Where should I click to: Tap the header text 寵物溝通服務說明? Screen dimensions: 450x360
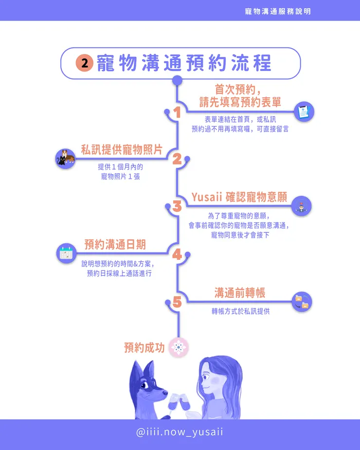(278, 11)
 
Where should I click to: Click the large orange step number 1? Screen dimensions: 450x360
(177, 112)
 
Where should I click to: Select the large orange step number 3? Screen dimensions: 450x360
(177, 206)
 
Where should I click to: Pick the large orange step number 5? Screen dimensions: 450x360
(177, 302)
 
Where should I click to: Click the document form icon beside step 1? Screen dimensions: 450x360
(304, 111)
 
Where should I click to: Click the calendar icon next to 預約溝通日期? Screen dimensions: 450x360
(66, 253)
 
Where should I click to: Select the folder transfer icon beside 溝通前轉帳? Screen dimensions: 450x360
(302, 302)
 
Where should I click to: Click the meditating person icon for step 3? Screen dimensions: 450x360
(302, 206)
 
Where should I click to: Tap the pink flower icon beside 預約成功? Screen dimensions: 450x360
(178, 347)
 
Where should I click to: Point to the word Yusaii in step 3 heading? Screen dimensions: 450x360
(207, 197)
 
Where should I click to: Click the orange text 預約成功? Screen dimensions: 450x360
(144, 348)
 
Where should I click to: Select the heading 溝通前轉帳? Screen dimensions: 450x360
(239, 292)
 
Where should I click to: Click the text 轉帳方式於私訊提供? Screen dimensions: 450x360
(240, 311)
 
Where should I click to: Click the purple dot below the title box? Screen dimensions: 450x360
(178, 80)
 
